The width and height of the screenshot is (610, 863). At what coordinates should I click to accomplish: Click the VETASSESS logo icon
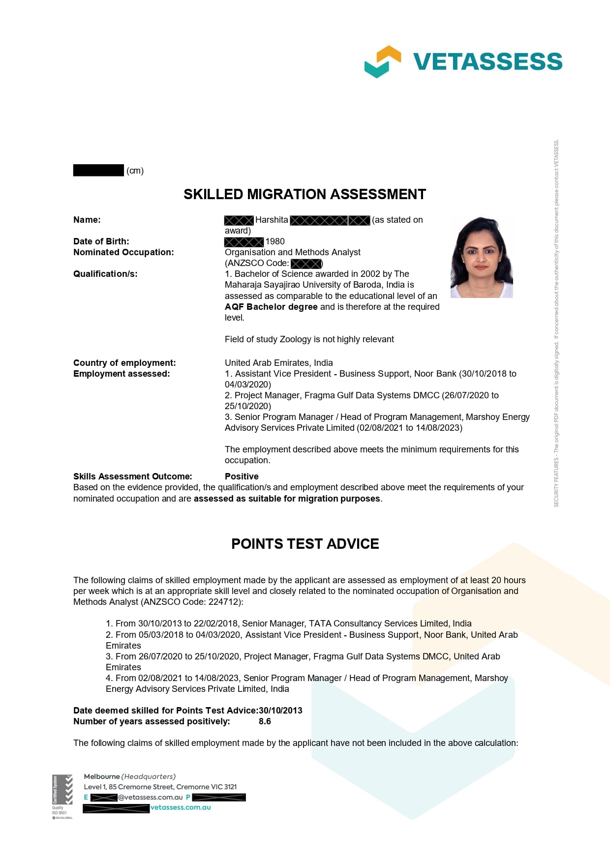coord(382,61)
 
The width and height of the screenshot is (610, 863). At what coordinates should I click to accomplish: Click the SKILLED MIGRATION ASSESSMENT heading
coord(305,194)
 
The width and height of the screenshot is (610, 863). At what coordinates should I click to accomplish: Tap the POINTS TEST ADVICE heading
coord(305,544)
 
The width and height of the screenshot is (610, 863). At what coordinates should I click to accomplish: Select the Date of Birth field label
coord(101,241)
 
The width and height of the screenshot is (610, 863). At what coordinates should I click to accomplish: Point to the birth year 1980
coord(275,241)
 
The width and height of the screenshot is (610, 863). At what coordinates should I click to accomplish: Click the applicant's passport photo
coord(482,256)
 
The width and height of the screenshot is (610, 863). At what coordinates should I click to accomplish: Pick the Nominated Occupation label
coord(123,252)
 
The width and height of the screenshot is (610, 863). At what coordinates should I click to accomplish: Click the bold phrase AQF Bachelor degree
coord(271,307)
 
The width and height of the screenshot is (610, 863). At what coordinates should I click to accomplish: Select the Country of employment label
coord(124,363)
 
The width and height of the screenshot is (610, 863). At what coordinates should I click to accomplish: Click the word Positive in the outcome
coord(242,476)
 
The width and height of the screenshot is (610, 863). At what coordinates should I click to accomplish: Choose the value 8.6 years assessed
coord(265,721)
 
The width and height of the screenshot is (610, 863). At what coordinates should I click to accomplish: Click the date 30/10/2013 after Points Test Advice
coord(280,711)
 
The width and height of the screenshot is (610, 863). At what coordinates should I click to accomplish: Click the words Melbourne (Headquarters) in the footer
coord(129,776)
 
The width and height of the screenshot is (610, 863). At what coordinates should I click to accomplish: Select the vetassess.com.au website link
coord(181,807)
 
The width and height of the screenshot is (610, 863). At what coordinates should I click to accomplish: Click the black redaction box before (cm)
coord(98,170)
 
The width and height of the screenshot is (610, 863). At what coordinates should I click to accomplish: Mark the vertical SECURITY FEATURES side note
coord(556,323)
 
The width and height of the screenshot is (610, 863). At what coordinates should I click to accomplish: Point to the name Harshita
coord(272,220)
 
